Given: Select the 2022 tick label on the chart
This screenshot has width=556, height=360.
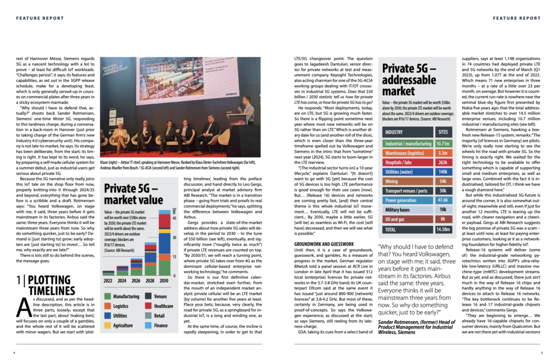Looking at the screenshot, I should (109, 281).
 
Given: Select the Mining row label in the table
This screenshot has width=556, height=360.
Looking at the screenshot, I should (391, 181).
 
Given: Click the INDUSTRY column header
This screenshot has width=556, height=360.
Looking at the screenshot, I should (394, 131).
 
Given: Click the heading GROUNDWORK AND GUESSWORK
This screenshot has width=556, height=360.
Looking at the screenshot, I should (324, 244).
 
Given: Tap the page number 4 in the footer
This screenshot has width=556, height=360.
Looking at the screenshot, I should (14, 352).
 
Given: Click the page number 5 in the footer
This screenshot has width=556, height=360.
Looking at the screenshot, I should (541, 352).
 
